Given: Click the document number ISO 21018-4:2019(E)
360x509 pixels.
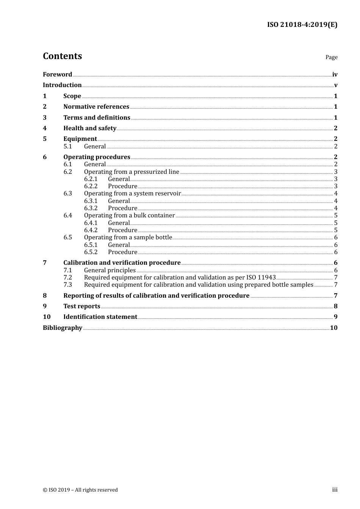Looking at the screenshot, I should pyautogui.click(x=302, y=25).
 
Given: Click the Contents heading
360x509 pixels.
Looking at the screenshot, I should pyautogui.click(x=62, y=56).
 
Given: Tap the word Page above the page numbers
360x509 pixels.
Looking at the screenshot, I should pyautogui.click(x=331, y=57).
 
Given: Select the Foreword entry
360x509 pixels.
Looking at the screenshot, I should pyautogui.click(x=57, y=75).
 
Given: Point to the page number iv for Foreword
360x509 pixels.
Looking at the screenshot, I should pyautogui.click(x=335, y=75).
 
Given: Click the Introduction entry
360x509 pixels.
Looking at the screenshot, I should pyautogui.click(x=62, y=85).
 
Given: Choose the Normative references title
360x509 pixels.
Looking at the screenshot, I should pyautogui.click(x=96, y=107).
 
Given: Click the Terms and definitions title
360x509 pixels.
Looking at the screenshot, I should pyautogui.click(x=97, y=118).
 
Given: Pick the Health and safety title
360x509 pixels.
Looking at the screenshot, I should pyautogui.click(x=90, y=128).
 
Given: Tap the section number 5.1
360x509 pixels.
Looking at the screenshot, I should pyautogui.click(x=68, y=147).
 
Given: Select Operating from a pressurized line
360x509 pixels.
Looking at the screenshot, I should pyautogui.click(x=131, y=172).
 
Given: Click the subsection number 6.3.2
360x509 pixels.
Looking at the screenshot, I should pyautogui.click(x=91, y=208).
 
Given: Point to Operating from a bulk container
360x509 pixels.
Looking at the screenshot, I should pyautogui.click(x=129, y=215).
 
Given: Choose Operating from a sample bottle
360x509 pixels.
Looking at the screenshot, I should pyautogui.click(x=128, y=237).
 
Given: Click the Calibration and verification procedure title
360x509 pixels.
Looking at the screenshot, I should pyautogui.click(x=122, y=263).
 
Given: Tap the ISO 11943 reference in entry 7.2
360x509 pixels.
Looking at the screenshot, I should pyautogui.click(x=261, y=278).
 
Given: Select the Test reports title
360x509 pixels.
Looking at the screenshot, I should pyautogui.click(x=82, y=306).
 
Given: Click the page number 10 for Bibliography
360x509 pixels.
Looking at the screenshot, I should pyautogui.click(x=333, y=328).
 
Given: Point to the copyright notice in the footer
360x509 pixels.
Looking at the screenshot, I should pyautogui.click(x=80, y=490).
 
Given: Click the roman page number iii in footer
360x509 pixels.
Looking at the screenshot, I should pyautogui.click(x=335, y=490).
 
